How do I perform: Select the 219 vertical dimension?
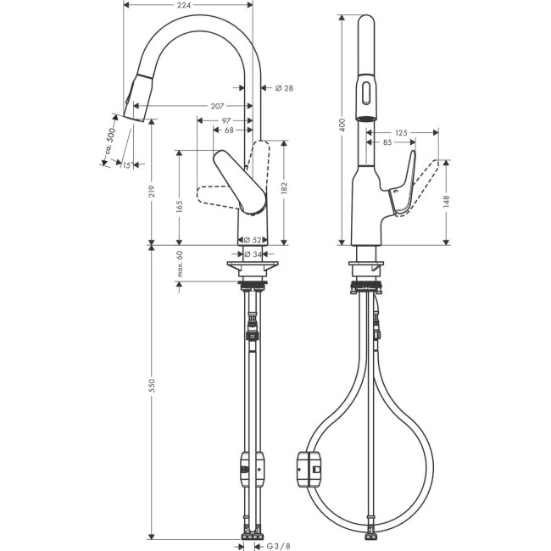click(151, 194)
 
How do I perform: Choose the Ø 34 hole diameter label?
click(252, 253)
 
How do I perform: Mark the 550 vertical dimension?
click(151, 386)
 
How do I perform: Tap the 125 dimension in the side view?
click(402, 133)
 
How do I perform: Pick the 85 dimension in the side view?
click(387, 144)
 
